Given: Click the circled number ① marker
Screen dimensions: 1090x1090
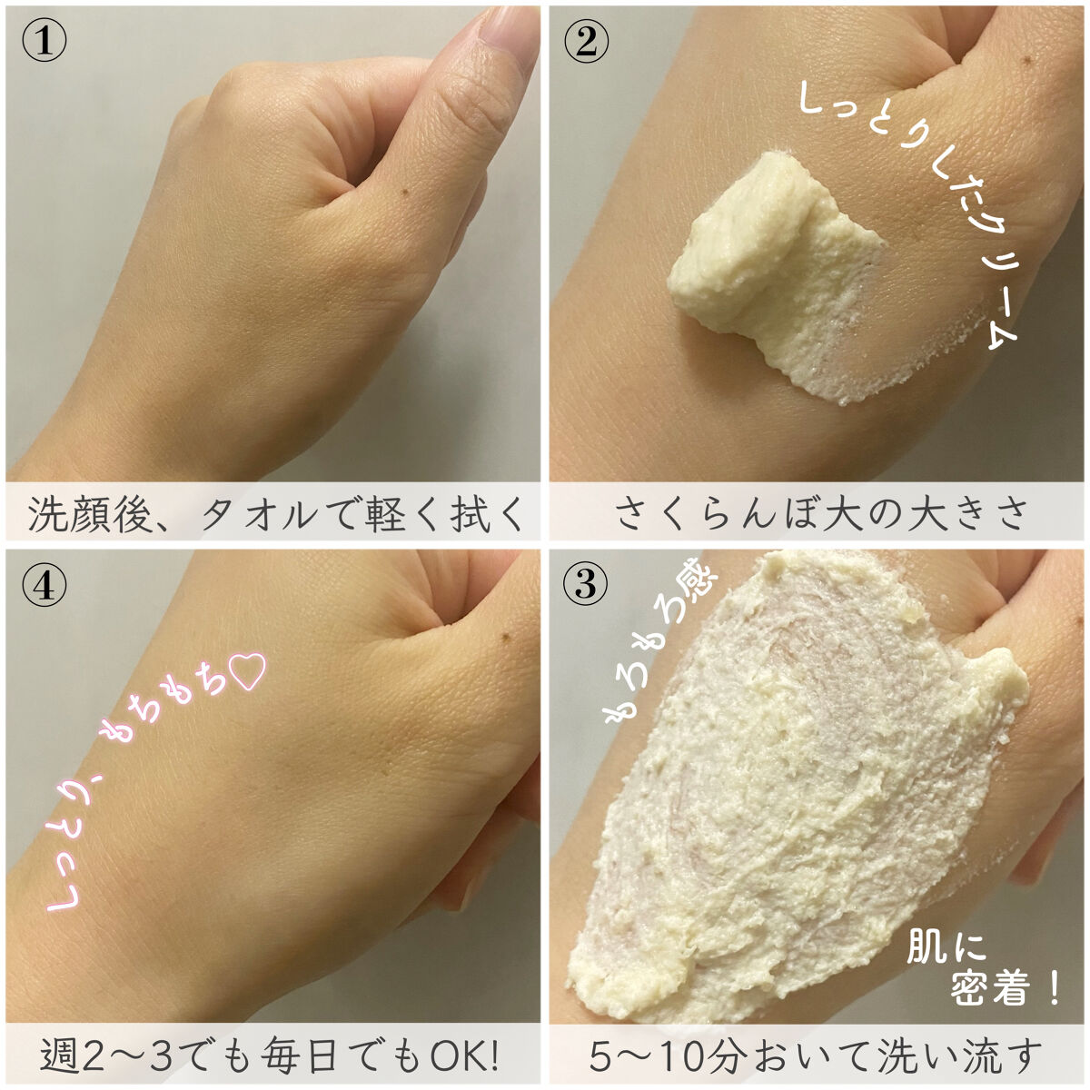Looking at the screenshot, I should (44, 43).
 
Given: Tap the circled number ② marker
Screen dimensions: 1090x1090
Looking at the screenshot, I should (587, 43).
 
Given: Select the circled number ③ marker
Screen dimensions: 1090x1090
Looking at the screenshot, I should (587, 585).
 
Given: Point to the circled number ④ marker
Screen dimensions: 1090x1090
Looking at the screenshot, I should (44, 585).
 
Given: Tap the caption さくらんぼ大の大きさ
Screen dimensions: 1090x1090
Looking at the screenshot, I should (820, 513).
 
